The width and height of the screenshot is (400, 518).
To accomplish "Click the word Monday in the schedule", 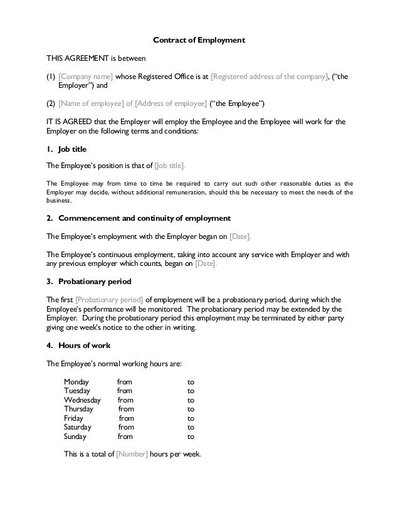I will pyautogui.click(x=76, y=381).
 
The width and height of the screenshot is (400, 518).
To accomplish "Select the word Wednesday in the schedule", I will pyautogui.click(x=82, y=399).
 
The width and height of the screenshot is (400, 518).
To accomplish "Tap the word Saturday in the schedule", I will pyautogui.click(x=78, y=427).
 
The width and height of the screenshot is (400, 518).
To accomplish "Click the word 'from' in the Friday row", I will pyautogui.click(x=126, y=418).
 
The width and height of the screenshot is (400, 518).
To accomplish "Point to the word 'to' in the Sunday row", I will pyautogui.click(x=191, y=436).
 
